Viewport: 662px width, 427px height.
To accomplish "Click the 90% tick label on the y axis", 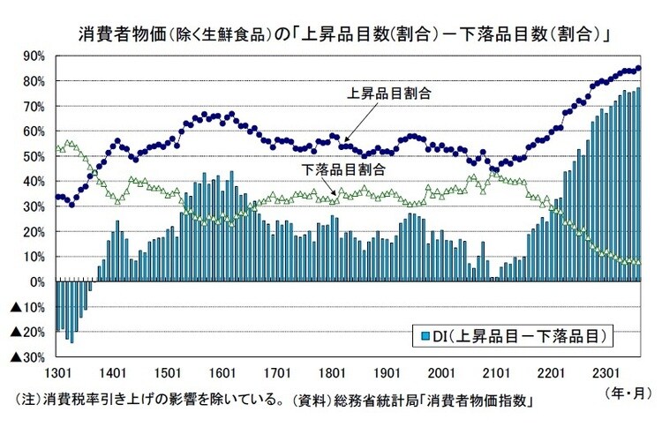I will click(33, 56).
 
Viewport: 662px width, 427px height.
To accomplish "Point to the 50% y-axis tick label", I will click(33, 156).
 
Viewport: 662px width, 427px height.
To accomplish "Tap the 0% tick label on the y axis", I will click(36, 282).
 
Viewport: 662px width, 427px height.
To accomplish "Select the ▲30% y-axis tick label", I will click(26, 358).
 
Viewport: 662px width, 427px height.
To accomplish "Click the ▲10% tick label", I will click(26, 308).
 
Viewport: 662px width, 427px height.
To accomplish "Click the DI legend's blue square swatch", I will click(423, 336).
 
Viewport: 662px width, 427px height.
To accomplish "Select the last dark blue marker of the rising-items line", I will click(639, 68).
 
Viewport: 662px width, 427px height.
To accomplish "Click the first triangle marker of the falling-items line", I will click(57, 146).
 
